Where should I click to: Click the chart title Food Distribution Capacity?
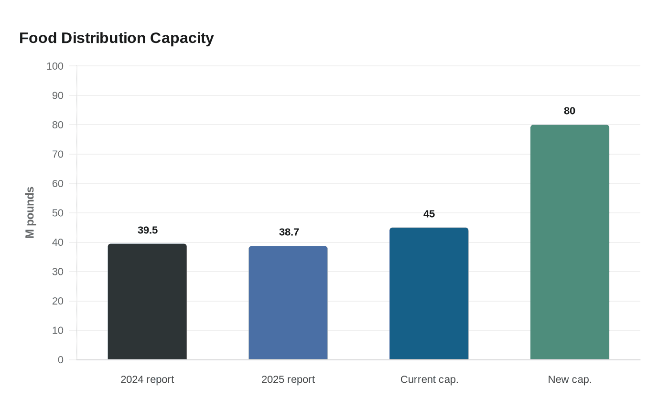116,38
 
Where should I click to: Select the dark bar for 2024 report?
147,302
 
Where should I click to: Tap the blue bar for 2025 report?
288,303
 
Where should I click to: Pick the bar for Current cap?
429,294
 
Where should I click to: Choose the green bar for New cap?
570,242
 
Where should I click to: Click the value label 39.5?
148,230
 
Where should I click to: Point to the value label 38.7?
289,232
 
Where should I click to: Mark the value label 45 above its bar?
429,214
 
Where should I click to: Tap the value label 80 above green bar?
570,111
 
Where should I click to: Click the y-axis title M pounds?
30,212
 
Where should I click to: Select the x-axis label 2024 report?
147,379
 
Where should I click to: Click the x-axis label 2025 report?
288,379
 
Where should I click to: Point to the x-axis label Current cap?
429,379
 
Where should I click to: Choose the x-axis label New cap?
570,379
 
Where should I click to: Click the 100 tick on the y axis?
55,66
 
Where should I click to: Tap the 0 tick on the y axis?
61,360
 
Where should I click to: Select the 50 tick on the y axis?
58,213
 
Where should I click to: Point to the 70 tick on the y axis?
58,154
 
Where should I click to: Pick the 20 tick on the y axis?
58,301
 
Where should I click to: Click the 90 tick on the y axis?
58,95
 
